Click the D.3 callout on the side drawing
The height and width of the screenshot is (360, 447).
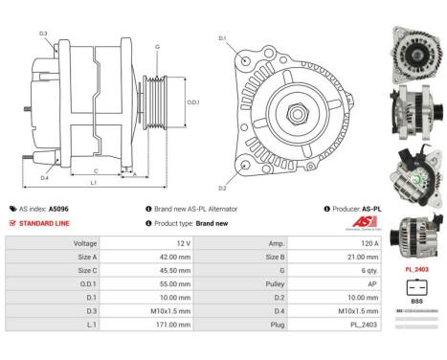point(44,34)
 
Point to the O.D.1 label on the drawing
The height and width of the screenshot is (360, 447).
point(191,103)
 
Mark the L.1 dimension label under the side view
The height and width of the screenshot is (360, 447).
point(93,182)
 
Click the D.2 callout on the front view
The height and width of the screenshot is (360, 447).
point(222,188)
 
